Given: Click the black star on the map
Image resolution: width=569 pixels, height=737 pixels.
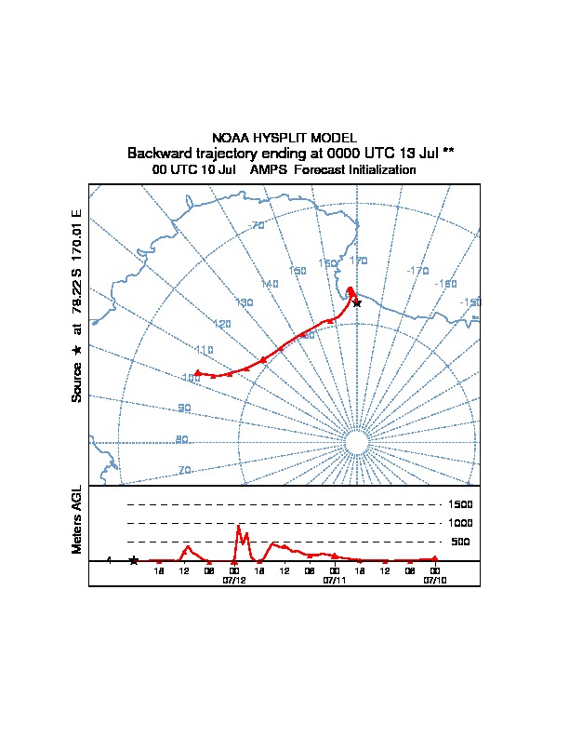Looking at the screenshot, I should click(357, 303).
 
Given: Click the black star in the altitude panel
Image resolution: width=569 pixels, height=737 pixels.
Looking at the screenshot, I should click(134, 560).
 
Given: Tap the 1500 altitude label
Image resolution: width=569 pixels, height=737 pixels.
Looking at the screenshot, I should click(460, 504).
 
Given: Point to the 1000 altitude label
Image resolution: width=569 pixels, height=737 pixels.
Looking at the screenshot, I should click(460, 523).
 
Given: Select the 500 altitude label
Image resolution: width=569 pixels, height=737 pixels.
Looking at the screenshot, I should click(460, 542).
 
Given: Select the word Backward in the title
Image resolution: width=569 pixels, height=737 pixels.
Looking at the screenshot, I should click(158, 153).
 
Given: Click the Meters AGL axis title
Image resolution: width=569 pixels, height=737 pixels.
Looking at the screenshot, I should click(77, 519).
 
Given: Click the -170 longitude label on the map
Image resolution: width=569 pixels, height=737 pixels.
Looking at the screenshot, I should click(417, 271).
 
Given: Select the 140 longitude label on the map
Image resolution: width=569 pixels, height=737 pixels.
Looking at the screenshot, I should click(270, 284).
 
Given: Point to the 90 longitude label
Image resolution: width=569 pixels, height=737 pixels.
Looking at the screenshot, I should click(184, 409).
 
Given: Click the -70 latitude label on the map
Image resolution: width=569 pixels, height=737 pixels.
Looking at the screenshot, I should click(258, 226).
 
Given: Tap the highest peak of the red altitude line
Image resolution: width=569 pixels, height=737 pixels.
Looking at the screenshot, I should click(239, 527).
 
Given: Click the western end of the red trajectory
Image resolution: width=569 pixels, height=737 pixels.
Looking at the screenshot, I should click(197, 372).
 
